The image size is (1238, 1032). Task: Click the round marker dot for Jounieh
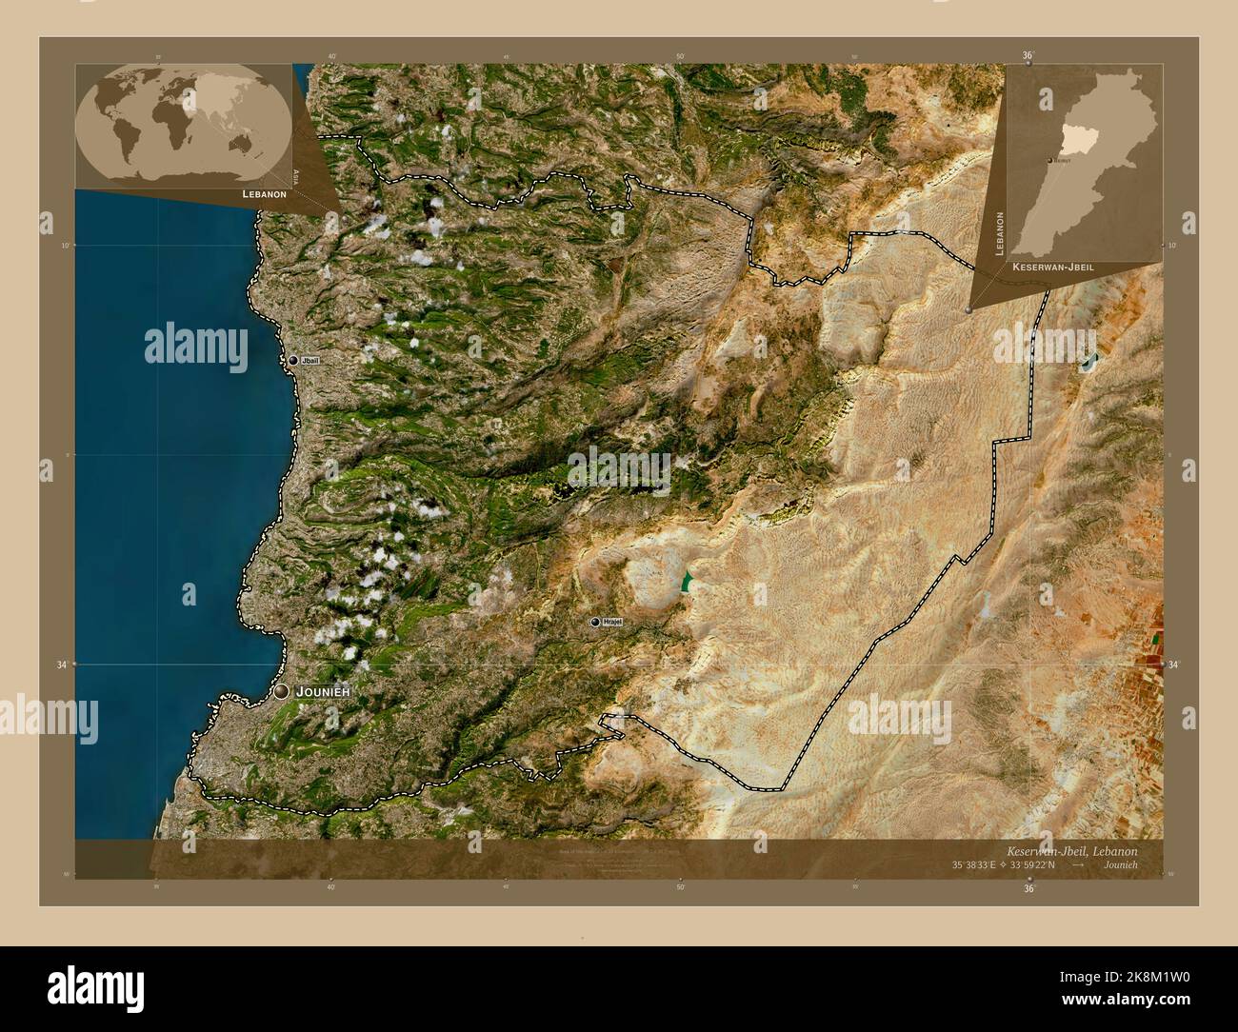[x=281, y=692]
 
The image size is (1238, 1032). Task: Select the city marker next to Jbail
[x=293, y=361]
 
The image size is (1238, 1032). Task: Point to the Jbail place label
[x=310, y=361]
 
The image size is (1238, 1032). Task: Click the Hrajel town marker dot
[x=595, y=622]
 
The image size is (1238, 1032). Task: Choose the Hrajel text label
[x=612, y=622]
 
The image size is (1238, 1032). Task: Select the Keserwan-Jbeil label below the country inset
[x=1052, y=268]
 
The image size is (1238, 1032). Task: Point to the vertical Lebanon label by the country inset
[x=1000, y=233]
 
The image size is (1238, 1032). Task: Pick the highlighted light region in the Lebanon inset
[x=1074, y=140]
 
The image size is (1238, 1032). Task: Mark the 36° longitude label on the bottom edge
[x=1028, y=888]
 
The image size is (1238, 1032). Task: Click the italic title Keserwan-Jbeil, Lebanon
[x=1070, y=850]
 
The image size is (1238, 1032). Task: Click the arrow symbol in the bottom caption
[x=1077, y=865]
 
